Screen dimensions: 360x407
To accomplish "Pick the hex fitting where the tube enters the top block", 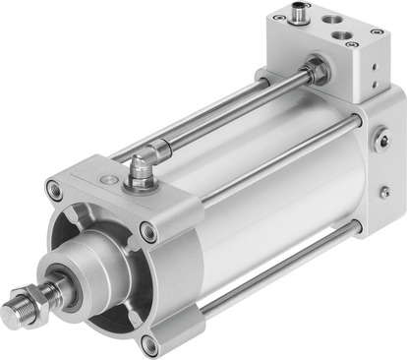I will tap(314, 71).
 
